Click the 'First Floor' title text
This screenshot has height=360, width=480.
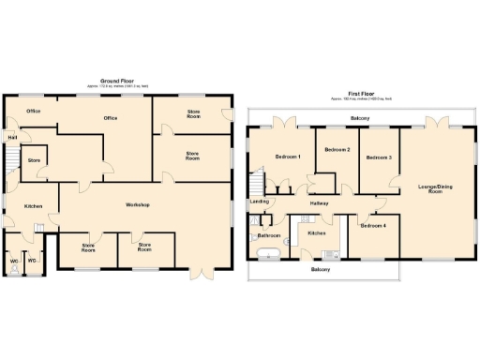click(x=360, y=95)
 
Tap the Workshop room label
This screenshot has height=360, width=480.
click(x=139, y=204)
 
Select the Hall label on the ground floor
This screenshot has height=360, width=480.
click(x=12, y=138)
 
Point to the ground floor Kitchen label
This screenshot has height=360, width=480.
click(x=34, y=206)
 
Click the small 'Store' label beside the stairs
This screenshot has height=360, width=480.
click(x=35, y=160)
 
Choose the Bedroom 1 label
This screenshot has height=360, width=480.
click(x=287, y=157)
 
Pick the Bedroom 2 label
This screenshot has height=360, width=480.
click(x=337, y=150)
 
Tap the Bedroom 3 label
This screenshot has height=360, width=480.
click(x=378, y=157)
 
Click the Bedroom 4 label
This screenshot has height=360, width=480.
click(x=374, y=225)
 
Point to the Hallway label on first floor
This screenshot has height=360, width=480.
click(x=319, y=202)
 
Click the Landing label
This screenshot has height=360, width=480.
click(x=260, y=202)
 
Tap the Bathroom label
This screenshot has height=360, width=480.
click(x=270, y=235)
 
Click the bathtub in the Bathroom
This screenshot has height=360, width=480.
click(x=268, y=253)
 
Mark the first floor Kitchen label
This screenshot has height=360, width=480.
click(x=316, y=232)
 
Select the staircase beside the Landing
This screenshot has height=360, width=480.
click(x=258, y=183)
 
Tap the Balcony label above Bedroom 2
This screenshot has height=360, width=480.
click(x=360, y=119)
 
